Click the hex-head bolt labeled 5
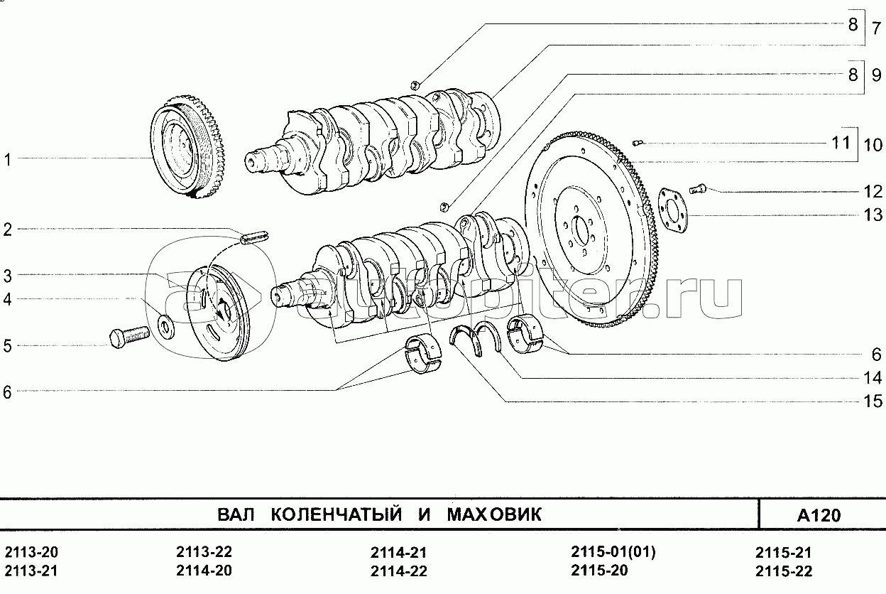(x=129, y=337)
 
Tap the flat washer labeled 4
(x=165, y=327)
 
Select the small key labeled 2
(x=254, y=237)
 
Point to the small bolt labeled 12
(x=698, y=188)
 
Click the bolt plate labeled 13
(x=673, y=210)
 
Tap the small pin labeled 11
(x=638, y=143)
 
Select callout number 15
(x=872, y=401)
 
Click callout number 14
(x=872, y=378)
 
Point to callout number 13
(x=873, y=215)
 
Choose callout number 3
(x=8, y=276)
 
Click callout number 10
(x=873, y=145)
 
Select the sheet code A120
(x=819, y=515)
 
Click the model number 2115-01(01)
(x=613, y=551)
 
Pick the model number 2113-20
(x=31, y=551)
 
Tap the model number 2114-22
(x=399, y=571)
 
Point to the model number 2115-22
(x=784, y=571)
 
